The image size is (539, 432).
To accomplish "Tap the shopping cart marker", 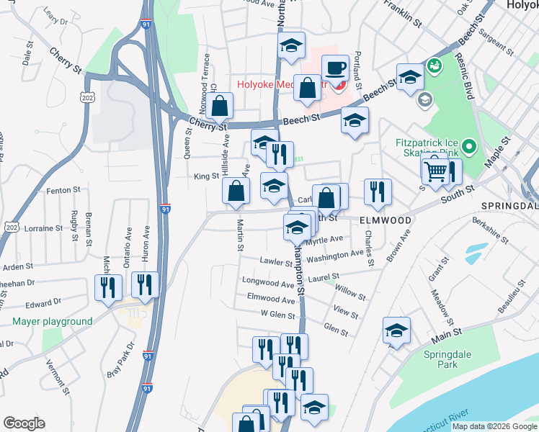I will tap(435, 171).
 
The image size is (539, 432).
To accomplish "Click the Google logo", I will tap(24, 423).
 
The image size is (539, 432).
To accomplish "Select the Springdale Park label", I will tap(440, 359).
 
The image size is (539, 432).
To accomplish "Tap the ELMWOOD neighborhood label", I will tap(386, 220).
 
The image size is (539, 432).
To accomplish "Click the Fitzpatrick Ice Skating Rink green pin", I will tap(469, 149).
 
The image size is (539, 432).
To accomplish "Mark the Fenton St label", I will tap(63, 190).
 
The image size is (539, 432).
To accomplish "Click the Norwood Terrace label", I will tap(207, 76).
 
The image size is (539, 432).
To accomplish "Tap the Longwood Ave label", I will tap(269, 283).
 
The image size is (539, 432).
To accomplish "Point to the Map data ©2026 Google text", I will tap(494, 426).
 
